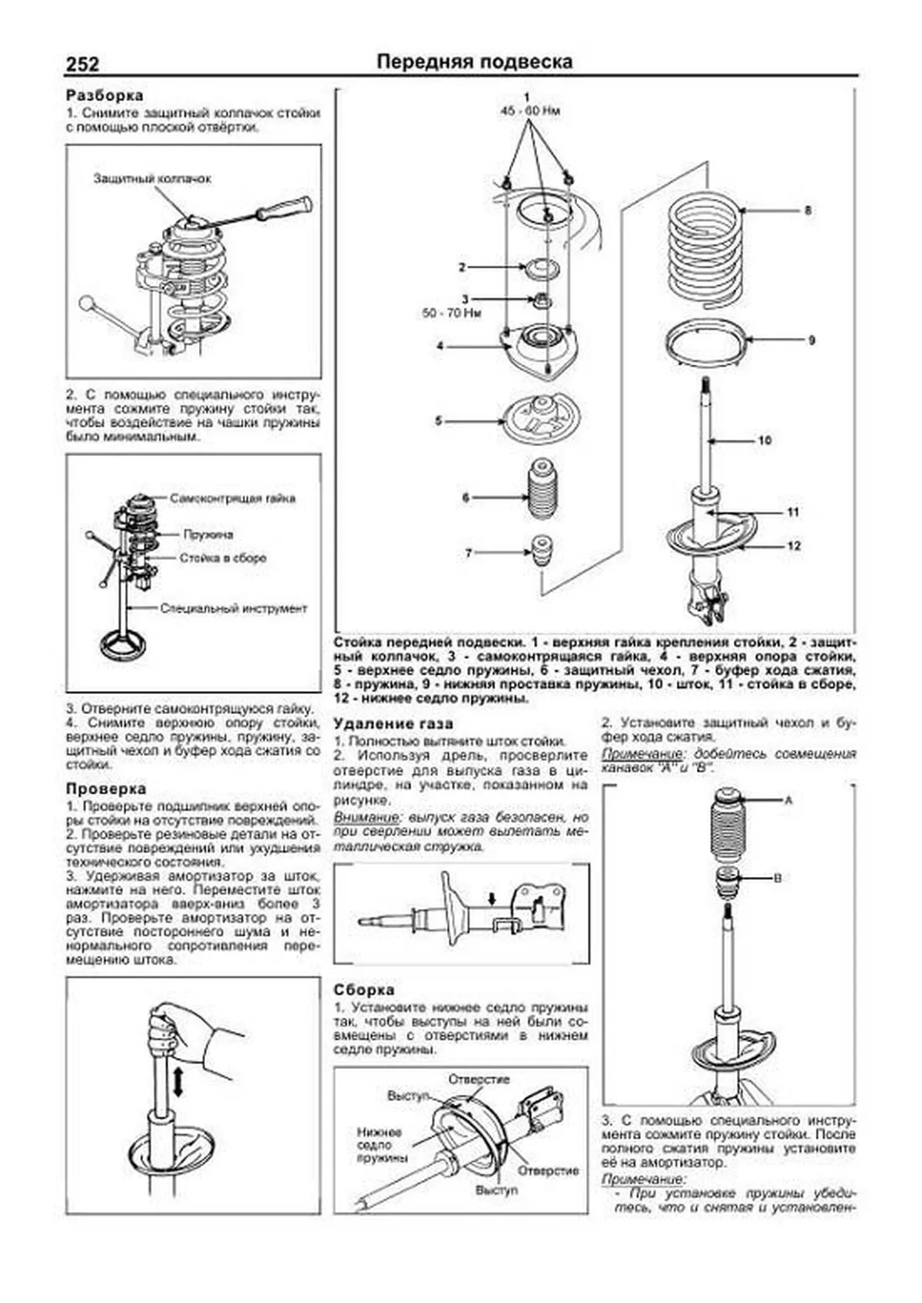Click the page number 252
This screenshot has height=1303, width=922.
(82, 64)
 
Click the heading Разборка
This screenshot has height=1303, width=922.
(104, 96)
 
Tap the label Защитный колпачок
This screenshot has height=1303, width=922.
(152, 178)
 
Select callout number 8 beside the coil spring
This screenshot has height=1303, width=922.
(808, 210)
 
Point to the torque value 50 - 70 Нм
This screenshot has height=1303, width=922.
(451, 313)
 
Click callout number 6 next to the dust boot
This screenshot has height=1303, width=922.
(466, 498)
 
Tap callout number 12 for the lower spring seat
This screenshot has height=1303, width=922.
(794, 545)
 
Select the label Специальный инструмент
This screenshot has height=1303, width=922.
(234, 608)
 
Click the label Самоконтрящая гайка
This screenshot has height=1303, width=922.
(233, 498)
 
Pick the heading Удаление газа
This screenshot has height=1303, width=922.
(393, 723)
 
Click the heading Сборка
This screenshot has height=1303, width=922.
(363, 990)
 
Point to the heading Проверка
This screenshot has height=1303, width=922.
(105, 789)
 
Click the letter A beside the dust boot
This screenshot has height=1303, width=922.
(788, 800)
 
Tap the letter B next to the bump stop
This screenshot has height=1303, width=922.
(777, 878)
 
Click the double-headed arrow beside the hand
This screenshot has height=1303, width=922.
(178, 1081)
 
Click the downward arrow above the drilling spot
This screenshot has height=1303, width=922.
(493, 897)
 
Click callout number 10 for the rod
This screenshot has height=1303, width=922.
(764, 440)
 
